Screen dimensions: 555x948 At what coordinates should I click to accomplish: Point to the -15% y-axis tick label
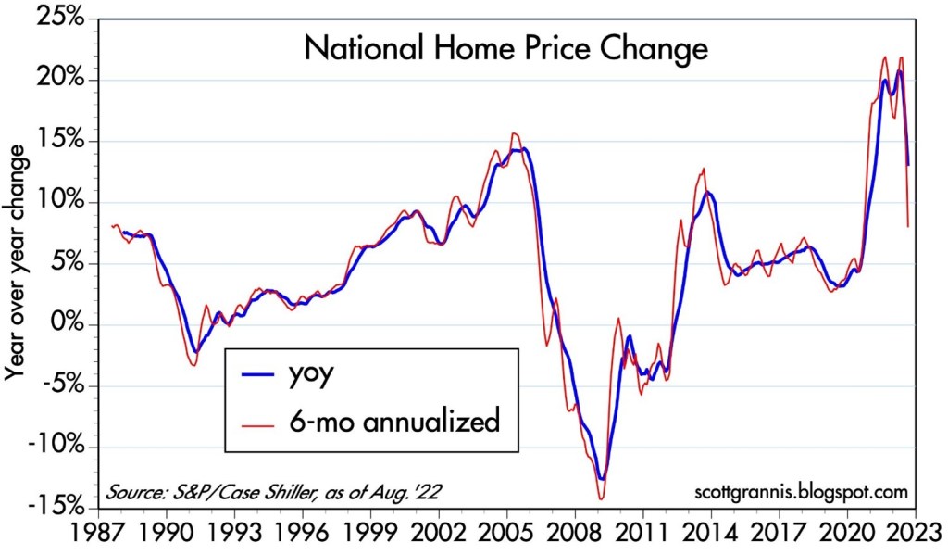pos(58,508)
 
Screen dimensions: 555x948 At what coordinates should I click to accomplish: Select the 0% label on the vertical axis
pos(68,325)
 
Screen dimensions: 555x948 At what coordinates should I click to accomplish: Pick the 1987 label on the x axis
pos(99,536)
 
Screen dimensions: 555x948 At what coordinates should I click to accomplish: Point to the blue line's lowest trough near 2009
pos(603,479)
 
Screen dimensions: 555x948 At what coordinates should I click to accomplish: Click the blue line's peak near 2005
pos(524,148)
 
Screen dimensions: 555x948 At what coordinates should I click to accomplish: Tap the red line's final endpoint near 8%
pos(908,226)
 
